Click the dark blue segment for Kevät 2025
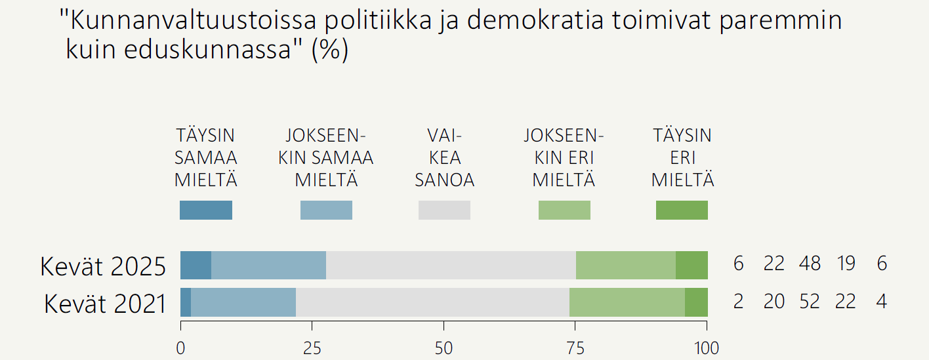tap(196, 265)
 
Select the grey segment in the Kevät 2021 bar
tap(432, 302)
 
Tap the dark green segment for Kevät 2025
tap(692, 265)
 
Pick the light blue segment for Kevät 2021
tap(243, 302)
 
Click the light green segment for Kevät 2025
tap(625, 265)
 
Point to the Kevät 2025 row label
tap(104, 266)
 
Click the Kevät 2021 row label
tap(105, 304)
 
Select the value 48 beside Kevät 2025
tap(810, 264)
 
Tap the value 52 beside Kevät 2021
tap(810, 301)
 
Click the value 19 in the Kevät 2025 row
tap(846, 264)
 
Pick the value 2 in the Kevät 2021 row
tap(739, 301)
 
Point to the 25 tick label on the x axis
tap(312, 348)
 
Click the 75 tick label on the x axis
tap(575, 348)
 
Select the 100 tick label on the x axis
tap(707, 348)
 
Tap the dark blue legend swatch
tap(206, 210)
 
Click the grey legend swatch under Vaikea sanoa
tap(444, 210)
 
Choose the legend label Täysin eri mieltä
tap(682, 158)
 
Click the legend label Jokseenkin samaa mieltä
tap(326, 158)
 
